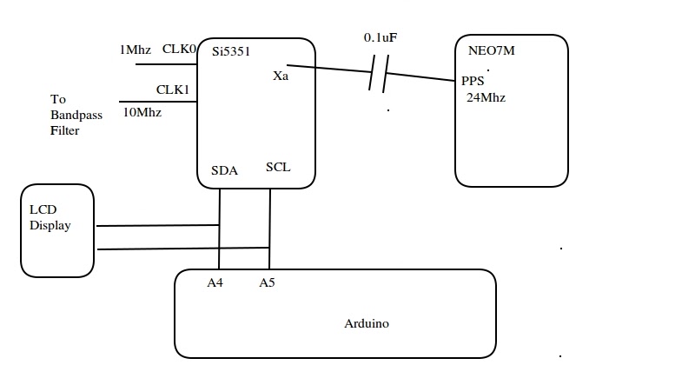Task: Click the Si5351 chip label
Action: pyautogui.click(x=231, y=51)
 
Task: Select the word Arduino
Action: pyautogui.click(x=367, y=323)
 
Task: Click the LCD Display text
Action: pyautogui.click(x=50, y=218)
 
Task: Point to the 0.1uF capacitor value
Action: pyautogui.click(x=382, y=38)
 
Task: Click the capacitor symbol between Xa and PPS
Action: pyautogui.click(x=376, y=74)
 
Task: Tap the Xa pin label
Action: pyautogui.click(x=281, y=76)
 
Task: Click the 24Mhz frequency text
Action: pyautogui.click(x=486, y=97)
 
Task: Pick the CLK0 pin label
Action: pyautogui.click(x=180, y=50)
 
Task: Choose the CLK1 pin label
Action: pyautogui.click(x=173, y=89)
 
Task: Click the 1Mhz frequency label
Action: pyautogui.click(x=136, y=50)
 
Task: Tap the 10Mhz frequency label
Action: pyautogui.click(x=142, y=111)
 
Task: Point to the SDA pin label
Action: pyautogui.click(x=226, y=170)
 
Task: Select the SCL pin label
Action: pyautogui.click(x=278, y=167)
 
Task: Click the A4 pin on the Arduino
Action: pyautogui.click(x=215, y=282)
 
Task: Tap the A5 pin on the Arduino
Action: pyautogui.click(x=267, y=282)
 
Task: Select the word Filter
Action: pyautogui.click(x=64, y=131)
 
